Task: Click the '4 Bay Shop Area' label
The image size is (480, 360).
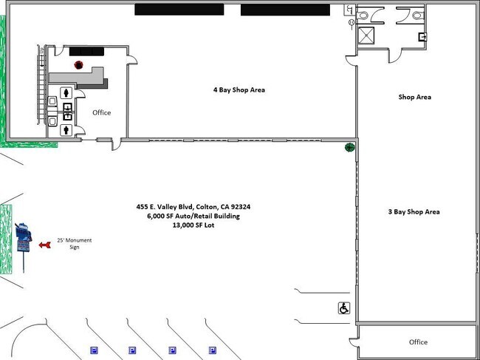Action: coord(239,89)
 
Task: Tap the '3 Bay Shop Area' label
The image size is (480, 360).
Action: coord(414,211)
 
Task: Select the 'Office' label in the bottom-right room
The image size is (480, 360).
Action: coord(418,342)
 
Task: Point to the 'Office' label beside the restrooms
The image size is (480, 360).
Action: coord(102,112)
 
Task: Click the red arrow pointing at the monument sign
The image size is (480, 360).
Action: coord(45,245)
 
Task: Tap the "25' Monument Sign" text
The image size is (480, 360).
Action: coord(75,244)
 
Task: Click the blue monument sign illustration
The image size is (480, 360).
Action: coord(24,238)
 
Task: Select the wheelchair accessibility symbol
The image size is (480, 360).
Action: coord(344,308)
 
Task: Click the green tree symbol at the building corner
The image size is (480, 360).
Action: coord(349,147)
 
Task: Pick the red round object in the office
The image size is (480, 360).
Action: coord(79,65)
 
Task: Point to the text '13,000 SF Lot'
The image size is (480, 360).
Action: coord(193,225)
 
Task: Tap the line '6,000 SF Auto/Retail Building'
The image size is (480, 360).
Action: coord(193,216)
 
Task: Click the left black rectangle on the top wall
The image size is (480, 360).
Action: coord(179,10)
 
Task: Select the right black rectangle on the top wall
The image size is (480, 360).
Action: coord(285,10)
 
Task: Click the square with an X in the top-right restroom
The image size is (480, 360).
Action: coord(366,35)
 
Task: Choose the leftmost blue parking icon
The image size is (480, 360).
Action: coord(94,350)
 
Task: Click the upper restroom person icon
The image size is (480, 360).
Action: coord(66,92)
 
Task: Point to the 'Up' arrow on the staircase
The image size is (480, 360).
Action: coord(42,61)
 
